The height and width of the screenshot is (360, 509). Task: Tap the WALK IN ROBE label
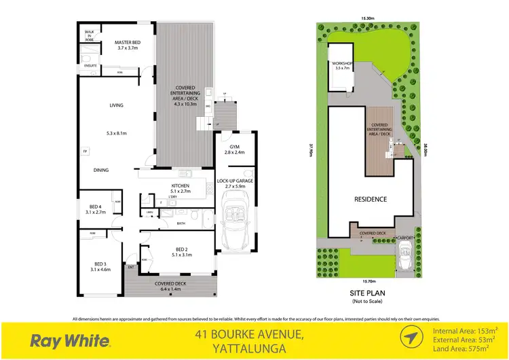pos(89,34)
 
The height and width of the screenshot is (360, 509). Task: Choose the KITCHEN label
pos(180,185)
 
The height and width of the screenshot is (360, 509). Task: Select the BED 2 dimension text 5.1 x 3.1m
pos(180,257)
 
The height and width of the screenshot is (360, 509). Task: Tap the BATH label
pos(181,222)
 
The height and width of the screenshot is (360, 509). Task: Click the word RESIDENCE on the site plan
pos(371,199)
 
